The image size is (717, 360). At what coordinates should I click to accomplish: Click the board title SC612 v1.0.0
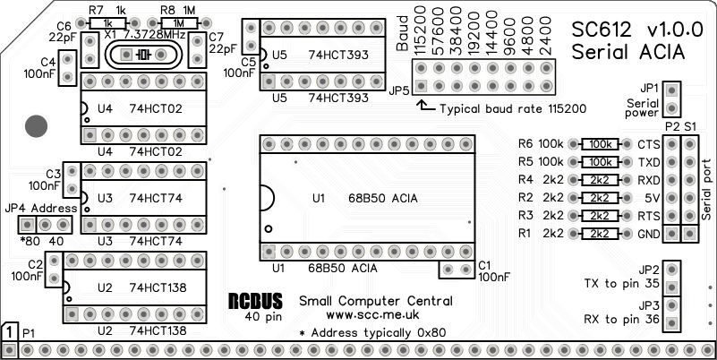click(628, 30)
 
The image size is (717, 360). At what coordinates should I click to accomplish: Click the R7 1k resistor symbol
click(108, 23)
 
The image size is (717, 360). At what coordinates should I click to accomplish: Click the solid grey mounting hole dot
click(36, 125)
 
